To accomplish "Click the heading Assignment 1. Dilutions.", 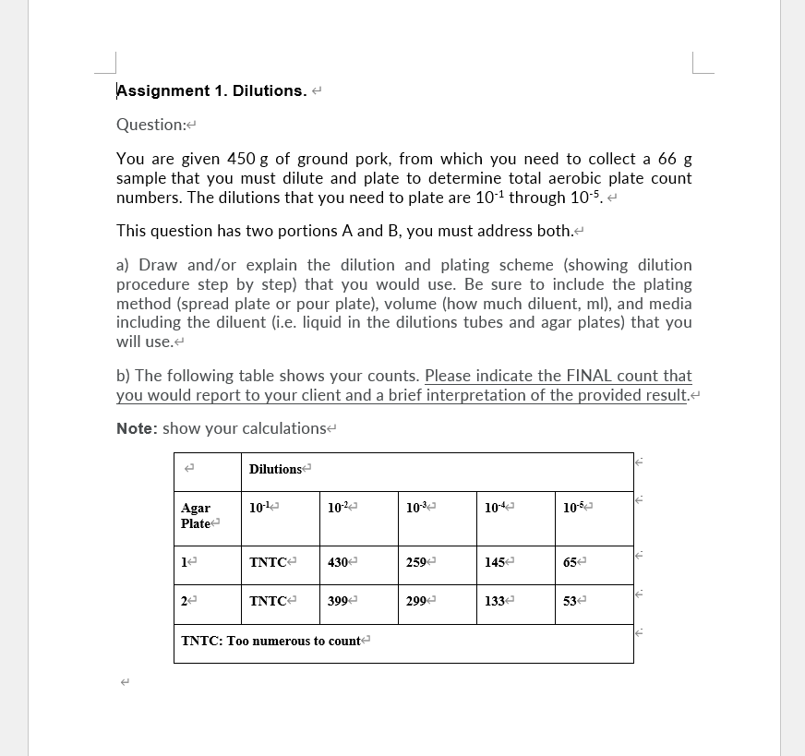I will [x=210, y=90].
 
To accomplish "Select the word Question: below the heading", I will [x=151, y=125].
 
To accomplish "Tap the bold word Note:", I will [x=137, y=428].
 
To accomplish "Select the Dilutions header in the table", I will [x=275, y=469].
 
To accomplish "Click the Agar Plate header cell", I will [x=196, y=515].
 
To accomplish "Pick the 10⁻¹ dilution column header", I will [x=261, y=508].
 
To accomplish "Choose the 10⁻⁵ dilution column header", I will [x=575, y=508].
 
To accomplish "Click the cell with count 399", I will [x=339, y=601].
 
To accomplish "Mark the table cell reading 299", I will [x=417, y=601].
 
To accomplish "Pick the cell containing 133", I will [x=496, y=601].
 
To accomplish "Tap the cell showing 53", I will [x=571, y=601].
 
